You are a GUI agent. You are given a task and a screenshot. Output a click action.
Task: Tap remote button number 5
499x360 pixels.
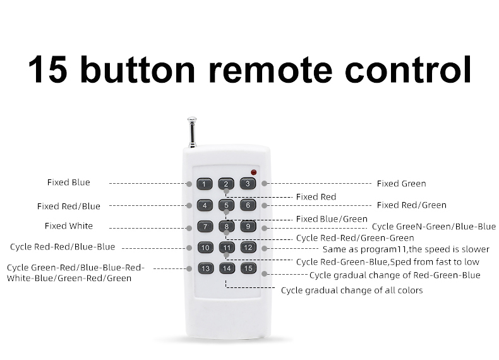pyautogui.click(x=226, y=205)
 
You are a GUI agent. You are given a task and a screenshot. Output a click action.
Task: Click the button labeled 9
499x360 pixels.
pyautogui.click(x=248, y=226)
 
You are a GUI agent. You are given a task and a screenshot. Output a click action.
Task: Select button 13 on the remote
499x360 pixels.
pyautogui.click(x=205, y=268)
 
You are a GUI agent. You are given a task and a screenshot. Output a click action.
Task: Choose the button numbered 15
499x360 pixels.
pyautogui.click(x=248, y=268)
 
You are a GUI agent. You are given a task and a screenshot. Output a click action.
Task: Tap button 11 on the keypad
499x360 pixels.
pyautogui.click(x=227, y=248)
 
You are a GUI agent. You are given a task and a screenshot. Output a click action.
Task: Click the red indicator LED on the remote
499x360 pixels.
pyautogui.click(x=254, y=172)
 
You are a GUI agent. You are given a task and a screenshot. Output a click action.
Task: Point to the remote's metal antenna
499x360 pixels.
pyautogui.click(x=192, y=133)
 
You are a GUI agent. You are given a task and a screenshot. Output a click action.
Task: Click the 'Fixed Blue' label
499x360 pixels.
pyautogui.click(x=68, y=183)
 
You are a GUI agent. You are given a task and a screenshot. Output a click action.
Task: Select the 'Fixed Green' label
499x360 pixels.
pyautogui.click(x=401, y=184)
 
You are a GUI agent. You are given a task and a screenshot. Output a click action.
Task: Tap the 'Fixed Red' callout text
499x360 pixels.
pyautogui.click(x=316, y=197)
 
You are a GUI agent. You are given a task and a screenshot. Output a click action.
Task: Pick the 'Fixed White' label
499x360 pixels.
pyautogui.click(x=69, y=226)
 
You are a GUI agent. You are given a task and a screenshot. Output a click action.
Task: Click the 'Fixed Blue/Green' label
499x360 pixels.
pyautogui.click(x=332, y=219)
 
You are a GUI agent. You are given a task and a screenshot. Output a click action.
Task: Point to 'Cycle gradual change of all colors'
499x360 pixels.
pyautogui.click(x=352, y=291)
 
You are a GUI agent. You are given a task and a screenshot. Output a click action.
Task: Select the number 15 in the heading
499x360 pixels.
pyautogui.click(x=48, y=69)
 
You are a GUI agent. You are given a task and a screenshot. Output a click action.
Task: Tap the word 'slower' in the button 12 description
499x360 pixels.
pyautogui.click(x=476, y=249)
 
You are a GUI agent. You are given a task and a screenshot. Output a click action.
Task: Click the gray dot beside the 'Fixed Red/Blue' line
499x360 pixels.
pyautogui.click(x=189, y=206)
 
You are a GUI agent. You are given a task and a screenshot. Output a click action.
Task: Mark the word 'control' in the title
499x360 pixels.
pyautogui.click(x=408, y=69)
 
